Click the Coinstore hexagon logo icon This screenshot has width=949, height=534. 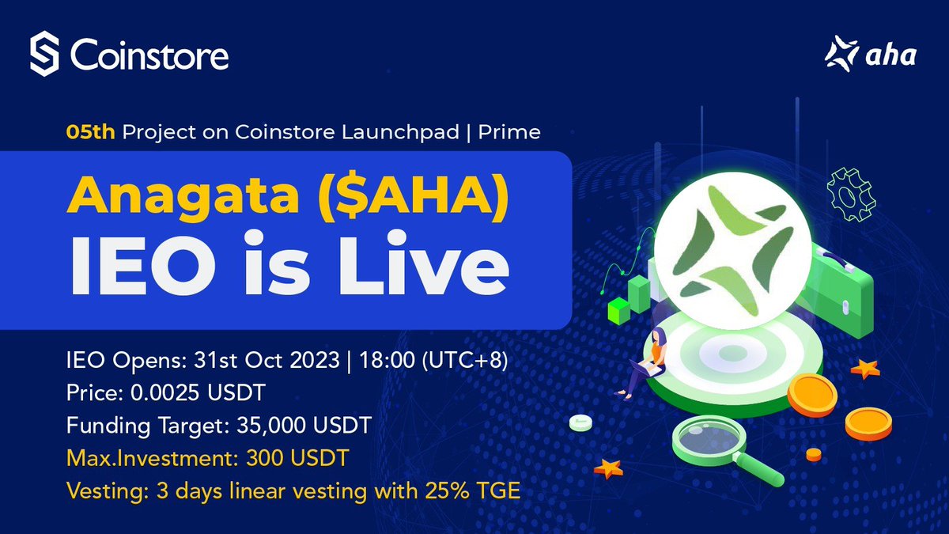coord(46,55)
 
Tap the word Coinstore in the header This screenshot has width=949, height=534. coord(149,55)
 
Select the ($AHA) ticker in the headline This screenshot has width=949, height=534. coord(411,195)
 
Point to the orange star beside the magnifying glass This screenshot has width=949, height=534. coord(608,468)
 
